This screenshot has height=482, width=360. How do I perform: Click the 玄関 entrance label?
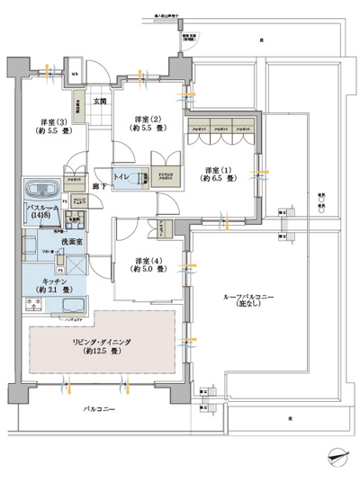[100, 102]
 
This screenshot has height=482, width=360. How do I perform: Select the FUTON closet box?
[163, 178]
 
